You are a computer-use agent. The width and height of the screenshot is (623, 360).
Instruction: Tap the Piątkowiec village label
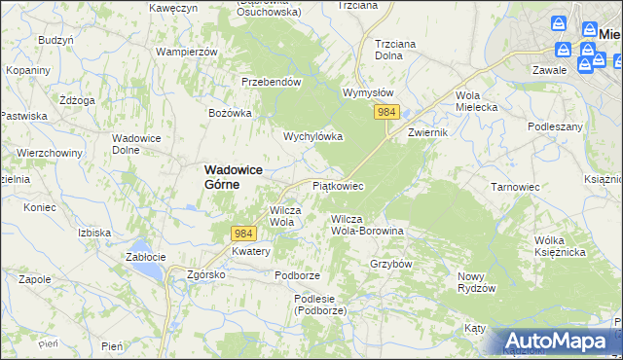pos(337,185)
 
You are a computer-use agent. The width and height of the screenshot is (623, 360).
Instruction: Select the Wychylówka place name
pos(312,137)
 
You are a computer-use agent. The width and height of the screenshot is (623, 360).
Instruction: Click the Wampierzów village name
pos(185,51)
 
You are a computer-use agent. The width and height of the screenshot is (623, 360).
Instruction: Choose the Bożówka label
pos(230,113)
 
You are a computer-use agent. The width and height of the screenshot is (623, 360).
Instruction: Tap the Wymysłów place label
pos(367,93)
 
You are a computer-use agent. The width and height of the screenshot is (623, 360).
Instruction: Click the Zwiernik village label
pos(427,131)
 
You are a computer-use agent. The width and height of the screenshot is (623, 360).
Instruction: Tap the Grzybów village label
pos(392,264)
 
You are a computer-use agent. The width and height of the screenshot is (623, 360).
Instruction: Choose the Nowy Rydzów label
pos(477,282)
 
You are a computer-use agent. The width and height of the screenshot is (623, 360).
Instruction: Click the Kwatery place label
pos(250,251)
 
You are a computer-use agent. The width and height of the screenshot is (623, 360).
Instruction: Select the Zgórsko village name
pos(206,274)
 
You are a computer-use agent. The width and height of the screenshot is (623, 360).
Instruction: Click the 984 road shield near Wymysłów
pos(386,113)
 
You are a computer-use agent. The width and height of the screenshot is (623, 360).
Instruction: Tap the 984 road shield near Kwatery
pos(243,234)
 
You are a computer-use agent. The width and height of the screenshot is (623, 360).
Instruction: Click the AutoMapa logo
pos(558,341)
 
